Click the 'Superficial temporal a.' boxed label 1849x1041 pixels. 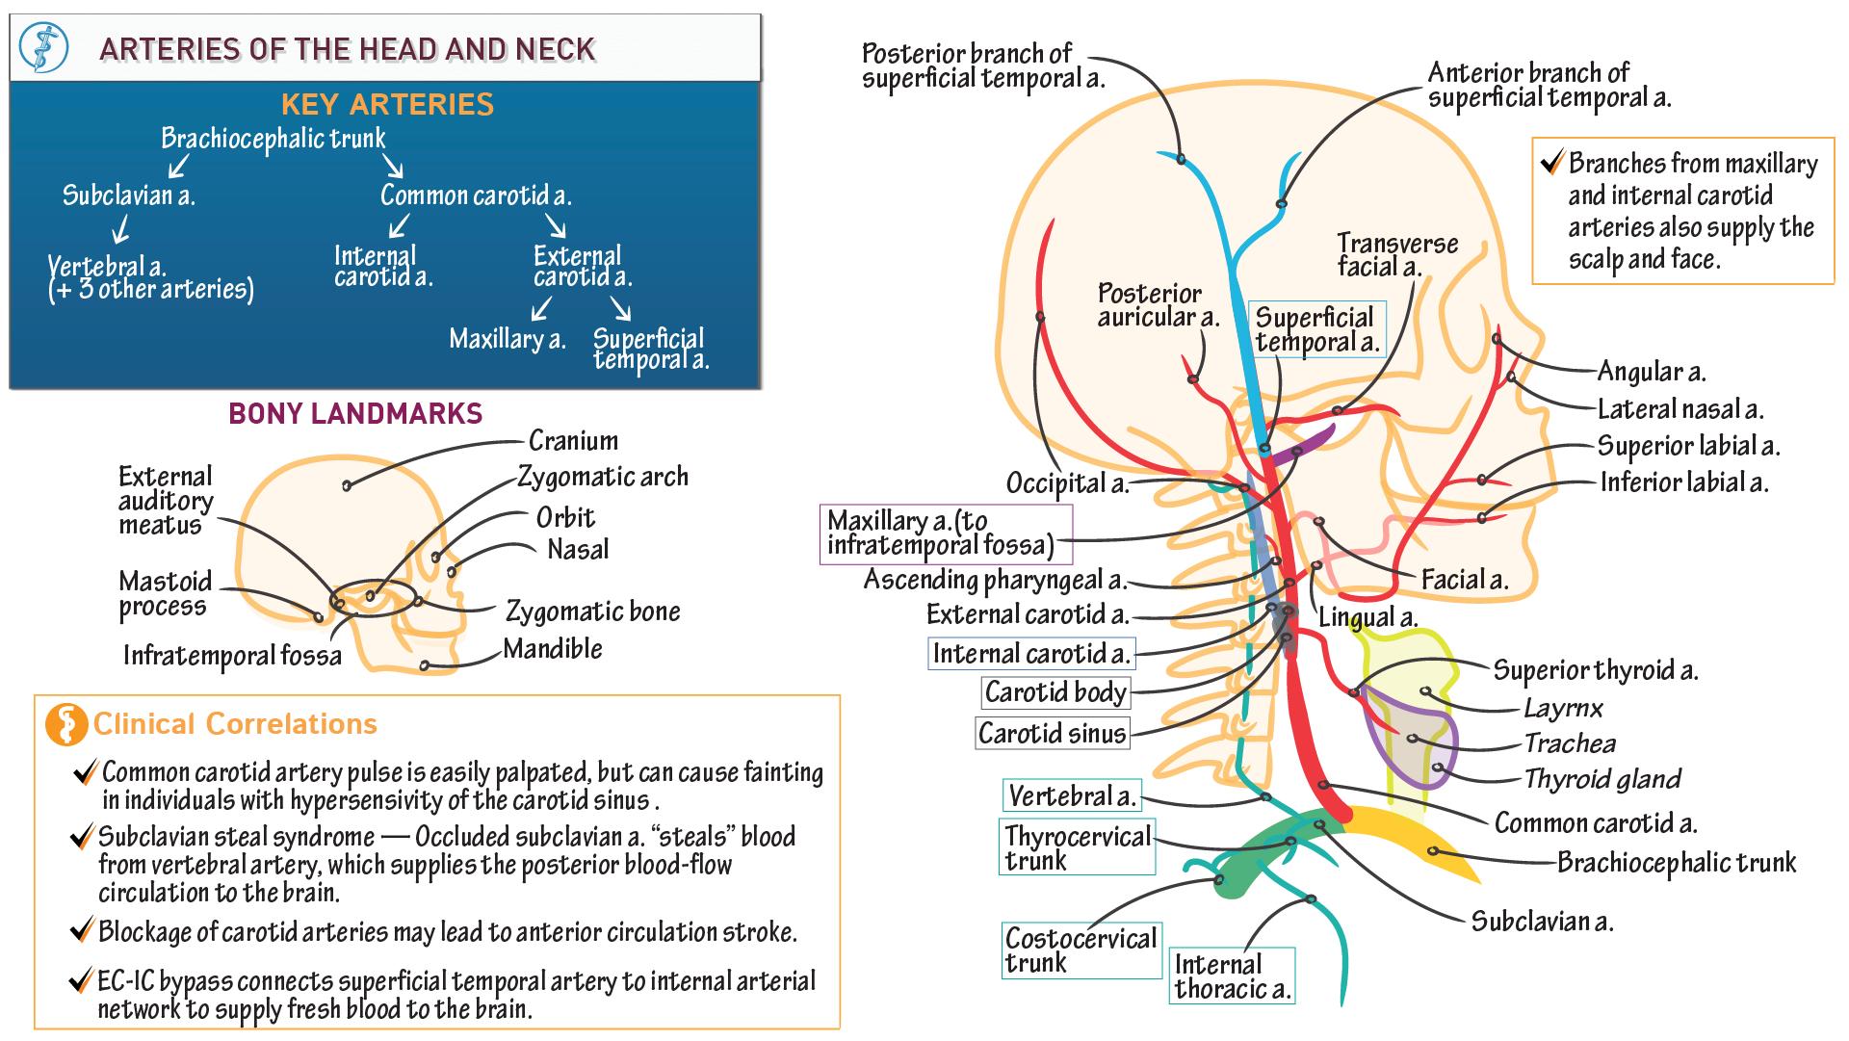click(1316, 330)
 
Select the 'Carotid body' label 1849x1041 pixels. click(1055, 692)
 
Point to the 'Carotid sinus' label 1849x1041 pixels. click(1052, 734)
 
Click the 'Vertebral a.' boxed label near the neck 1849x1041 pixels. click(1072, 796)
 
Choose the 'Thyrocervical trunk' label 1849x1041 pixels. click(1077, 847)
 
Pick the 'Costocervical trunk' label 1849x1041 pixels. click(1081, 950)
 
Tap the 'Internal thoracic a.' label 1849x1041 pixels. click(1232, 976)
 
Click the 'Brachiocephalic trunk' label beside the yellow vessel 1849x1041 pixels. click(1676, 862)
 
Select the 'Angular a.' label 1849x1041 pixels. click(1651, 372)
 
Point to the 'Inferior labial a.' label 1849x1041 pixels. click(1683, 481)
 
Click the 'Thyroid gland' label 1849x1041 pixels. click(1602, 779)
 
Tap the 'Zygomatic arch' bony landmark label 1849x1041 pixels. click(603, 477)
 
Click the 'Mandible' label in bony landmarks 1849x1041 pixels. click(553, 649)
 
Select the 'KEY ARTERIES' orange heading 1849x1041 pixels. click(387, 104)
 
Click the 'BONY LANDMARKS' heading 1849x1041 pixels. click(355, 414)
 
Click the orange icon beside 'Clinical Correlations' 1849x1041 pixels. click(66, 725)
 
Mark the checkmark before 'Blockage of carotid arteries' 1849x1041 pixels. click(82, 931)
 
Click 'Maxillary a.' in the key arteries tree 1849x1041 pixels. click(507, 339)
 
